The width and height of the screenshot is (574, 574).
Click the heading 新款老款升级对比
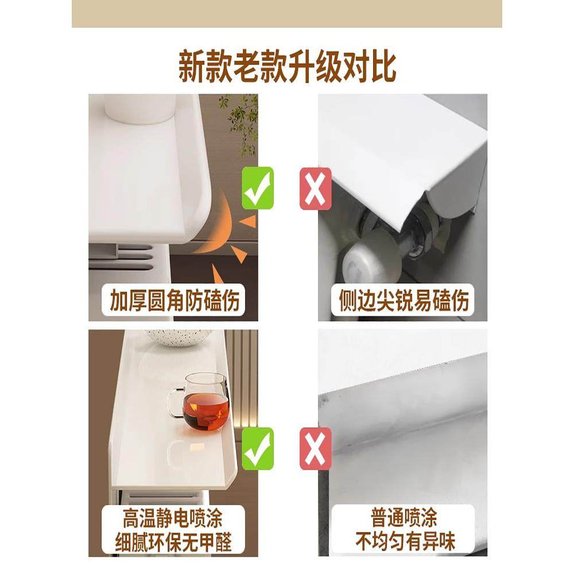click(287, 68)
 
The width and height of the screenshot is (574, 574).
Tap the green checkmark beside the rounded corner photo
click(258, 188)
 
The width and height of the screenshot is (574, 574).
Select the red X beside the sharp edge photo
click(316, 188)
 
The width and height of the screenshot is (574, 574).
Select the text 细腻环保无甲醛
click(172, 542)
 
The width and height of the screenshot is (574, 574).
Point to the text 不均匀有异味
click(404, 542)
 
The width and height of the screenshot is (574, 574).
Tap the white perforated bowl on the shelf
click(178, 337)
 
